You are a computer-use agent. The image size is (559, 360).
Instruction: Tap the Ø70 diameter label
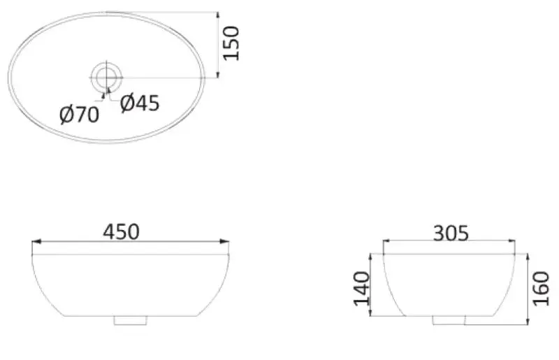79,114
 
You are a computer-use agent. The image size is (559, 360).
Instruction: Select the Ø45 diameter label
140,103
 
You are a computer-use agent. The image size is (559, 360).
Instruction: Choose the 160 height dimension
542,288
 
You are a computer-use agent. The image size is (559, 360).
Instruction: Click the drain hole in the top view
107,77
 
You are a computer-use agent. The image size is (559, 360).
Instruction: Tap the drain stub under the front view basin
131,321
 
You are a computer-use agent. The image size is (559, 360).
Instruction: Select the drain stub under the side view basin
449,321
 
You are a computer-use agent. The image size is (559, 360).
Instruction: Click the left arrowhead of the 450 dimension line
36,242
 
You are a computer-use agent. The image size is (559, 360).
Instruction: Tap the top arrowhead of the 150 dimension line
219,15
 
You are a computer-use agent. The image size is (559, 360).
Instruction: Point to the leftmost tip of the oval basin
9,77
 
